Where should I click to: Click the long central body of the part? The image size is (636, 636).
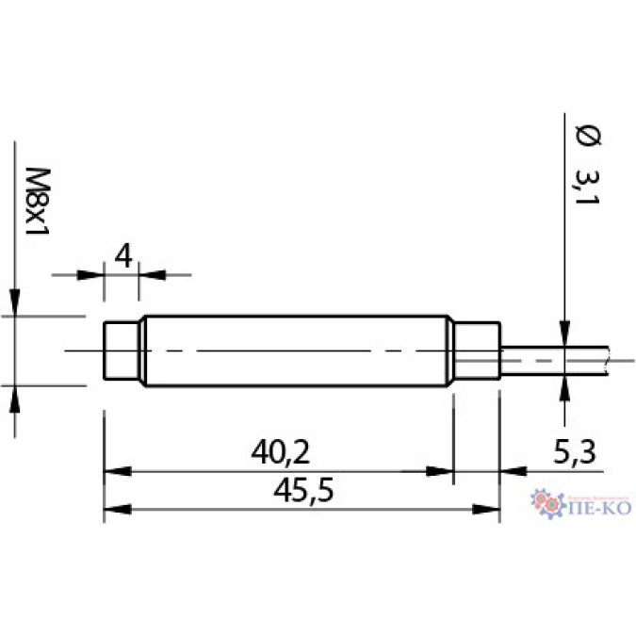tap(297, 351)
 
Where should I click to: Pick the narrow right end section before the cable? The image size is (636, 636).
tap(476, 351)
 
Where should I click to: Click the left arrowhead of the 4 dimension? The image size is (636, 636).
tap(92, 274)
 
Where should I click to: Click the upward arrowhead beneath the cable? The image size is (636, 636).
tap(563, 384)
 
